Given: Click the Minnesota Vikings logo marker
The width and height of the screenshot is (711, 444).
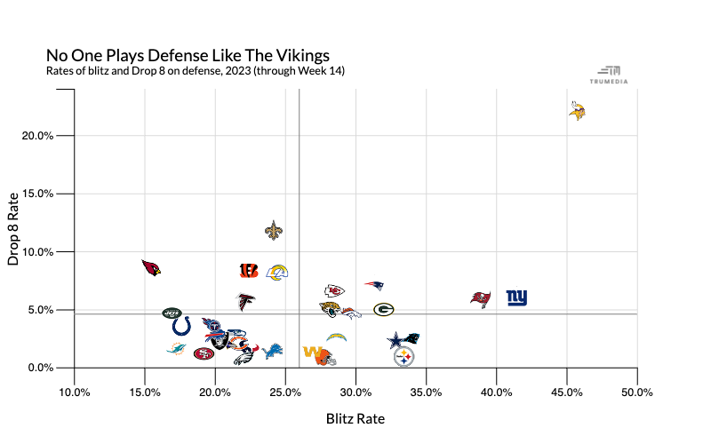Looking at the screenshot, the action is pos(577,110).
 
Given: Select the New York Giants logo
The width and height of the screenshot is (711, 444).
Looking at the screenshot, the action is pos(517,297).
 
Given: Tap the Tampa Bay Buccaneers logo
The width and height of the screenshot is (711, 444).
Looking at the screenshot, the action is pos(481,299).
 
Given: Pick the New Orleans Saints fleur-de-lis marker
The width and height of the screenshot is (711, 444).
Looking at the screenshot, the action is pos(274,231).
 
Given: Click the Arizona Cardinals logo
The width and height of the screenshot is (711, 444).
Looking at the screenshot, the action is pos(151,268).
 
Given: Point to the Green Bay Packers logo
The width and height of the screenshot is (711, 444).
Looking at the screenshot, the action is pos(384,309).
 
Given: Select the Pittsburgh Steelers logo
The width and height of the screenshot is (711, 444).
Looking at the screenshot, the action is pos(403,357).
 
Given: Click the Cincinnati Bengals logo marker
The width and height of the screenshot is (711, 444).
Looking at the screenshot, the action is pos(249,271).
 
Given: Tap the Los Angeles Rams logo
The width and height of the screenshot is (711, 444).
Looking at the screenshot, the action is pos(277,272).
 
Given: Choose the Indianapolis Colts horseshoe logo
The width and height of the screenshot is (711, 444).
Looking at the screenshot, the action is pos(181,326).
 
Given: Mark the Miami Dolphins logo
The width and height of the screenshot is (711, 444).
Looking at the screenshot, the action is pos(176,348).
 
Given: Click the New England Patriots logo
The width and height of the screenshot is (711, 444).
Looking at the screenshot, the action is pos(374,285).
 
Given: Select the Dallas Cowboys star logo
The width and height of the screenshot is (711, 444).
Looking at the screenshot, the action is pos(396,341).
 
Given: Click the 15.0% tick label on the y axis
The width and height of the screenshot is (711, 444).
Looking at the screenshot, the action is pos(37,194).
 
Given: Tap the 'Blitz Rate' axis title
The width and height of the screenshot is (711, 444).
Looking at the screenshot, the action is pos(355,418).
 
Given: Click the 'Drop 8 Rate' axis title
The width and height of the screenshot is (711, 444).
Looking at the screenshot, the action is pos(13,229).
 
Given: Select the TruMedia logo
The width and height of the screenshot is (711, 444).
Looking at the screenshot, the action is pos(609,75).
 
